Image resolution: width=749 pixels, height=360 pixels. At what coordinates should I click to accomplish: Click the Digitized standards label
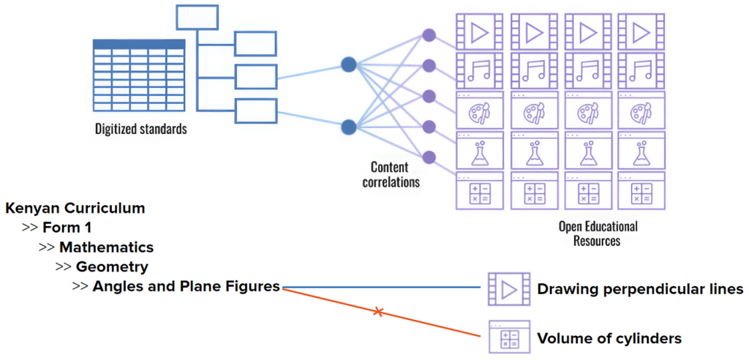click(140, 130)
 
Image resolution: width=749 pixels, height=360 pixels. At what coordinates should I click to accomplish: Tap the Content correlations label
click(391, 174)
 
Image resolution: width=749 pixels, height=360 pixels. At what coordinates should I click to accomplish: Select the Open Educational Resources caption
click(598, 233)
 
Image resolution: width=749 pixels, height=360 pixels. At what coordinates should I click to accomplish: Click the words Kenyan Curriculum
click(75, 208)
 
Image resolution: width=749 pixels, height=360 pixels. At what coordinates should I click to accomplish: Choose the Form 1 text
click(67, 227)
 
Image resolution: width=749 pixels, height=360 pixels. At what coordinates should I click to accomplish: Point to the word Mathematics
click(106, 247)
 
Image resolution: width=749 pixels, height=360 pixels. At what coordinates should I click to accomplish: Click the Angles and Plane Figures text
click(187, 287)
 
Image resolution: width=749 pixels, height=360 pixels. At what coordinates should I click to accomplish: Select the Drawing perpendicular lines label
click(640, 290)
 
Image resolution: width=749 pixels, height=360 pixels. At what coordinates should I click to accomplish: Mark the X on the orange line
click(378, 312)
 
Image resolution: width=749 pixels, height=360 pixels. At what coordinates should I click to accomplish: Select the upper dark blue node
click(349, 65)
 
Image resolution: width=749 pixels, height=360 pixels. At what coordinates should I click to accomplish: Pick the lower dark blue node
click(349, 127)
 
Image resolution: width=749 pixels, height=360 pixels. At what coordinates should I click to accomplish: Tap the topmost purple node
click(429, 34)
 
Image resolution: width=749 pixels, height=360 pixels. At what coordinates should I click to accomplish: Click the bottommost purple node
click(429, 156)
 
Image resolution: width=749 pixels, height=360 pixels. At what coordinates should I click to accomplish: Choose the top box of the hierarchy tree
click(197, 17)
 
